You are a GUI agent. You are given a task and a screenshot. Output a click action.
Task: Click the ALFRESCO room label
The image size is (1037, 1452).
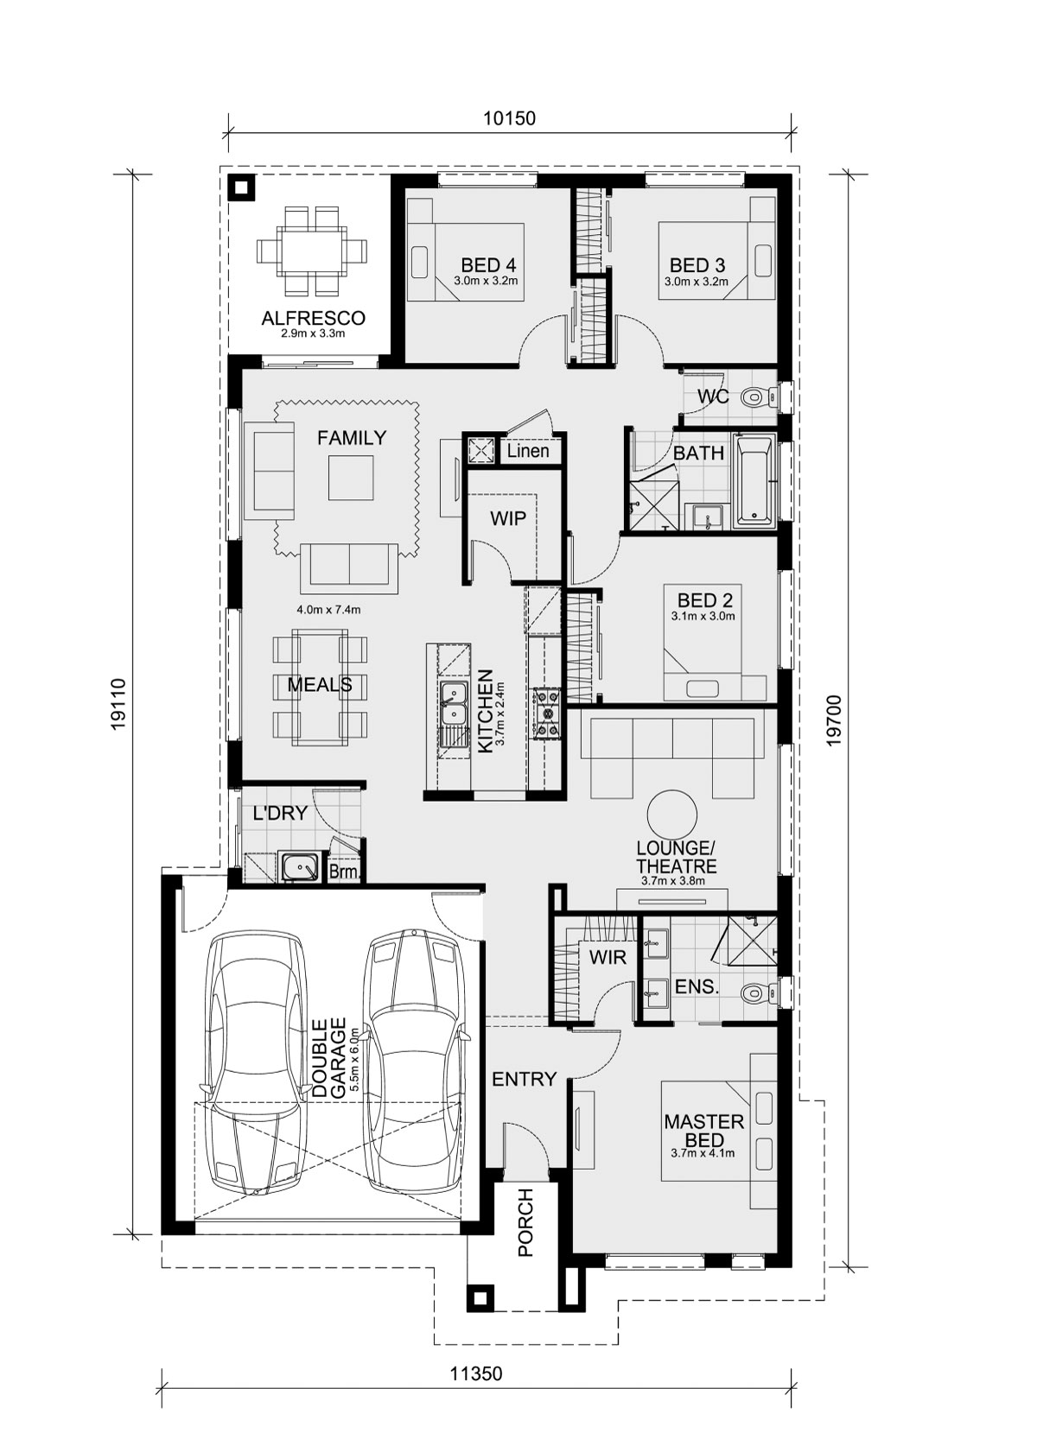coord(313,318)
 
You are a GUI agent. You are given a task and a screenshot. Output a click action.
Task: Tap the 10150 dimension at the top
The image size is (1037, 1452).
coord(510,118)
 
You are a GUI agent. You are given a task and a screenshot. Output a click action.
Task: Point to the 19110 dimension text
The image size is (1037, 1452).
coord(118,705)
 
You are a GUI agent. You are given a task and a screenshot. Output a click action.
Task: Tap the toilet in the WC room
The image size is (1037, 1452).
coord(759,396)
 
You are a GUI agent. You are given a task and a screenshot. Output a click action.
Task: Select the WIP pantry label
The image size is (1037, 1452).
coord(508,518)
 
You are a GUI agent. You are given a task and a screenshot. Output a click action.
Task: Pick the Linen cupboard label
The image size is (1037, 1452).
coord(528,451)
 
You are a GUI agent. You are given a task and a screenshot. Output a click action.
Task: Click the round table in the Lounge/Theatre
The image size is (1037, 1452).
coord(671,814)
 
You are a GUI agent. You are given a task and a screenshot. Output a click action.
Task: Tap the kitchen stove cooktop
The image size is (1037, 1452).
coord(547,713)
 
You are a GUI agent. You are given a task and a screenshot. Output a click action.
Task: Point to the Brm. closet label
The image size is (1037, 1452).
coord(344,872)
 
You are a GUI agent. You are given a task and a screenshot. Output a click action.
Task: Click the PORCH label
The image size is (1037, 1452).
coord(525,1222)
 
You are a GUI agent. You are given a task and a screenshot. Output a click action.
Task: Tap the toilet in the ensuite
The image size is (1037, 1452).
coord(759,992)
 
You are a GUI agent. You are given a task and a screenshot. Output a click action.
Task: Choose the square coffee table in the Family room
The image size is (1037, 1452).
coord(351,478)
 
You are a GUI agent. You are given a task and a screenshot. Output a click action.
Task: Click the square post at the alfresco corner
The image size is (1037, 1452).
coord(241,188)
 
